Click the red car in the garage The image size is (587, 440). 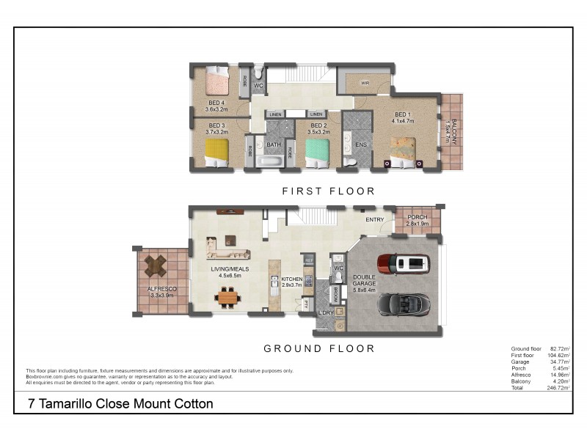coord(402,263)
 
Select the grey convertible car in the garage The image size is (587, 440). coord(403,303)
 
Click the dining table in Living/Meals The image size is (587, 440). coord(227,298)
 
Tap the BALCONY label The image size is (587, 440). coord(453,132)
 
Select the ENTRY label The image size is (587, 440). coord(374,219)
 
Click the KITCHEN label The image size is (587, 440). coord(292,279)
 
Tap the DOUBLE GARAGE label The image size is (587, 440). coord(364,281)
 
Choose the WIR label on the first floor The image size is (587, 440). coord(364,84)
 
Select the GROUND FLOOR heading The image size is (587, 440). coord(319,348)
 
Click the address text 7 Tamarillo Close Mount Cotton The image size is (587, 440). coord(120,403)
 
